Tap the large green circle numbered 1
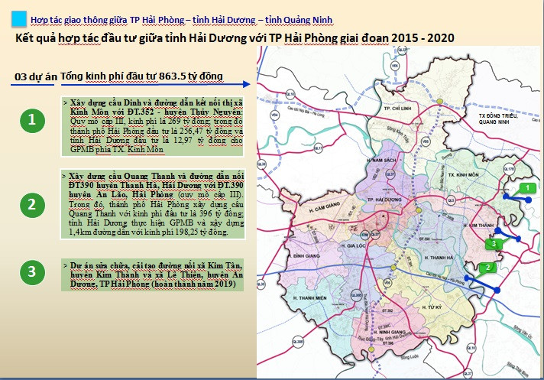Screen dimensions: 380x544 click(31, 121)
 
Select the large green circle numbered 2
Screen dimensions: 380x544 click(31, 204)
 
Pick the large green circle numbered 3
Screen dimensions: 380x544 click(31, 271)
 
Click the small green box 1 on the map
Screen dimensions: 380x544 click(525, 187)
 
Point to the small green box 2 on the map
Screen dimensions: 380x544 click(487, 268)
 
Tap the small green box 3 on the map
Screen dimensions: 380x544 click(494, 243)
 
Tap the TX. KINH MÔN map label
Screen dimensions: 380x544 click(461, 175)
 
